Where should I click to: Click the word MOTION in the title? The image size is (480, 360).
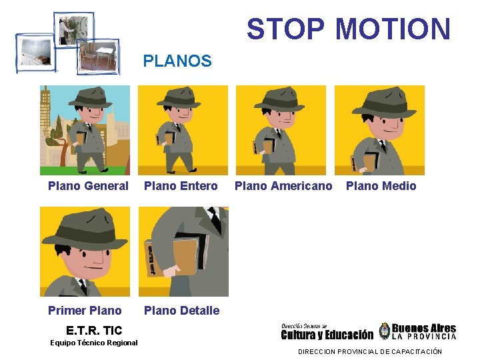point(393,29)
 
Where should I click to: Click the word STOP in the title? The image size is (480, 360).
point(285,29)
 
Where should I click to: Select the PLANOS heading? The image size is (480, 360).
point(177,61)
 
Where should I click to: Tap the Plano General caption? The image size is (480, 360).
point(88,186)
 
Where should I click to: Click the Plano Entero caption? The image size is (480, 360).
point(181,186)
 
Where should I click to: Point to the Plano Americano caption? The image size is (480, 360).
point(283,186)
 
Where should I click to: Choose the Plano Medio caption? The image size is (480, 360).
point(381,186)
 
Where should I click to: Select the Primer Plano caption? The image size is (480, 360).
point(85,310)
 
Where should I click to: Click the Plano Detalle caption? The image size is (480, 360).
point(181,310)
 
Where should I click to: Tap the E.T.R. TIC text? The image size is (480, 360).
point(94,330)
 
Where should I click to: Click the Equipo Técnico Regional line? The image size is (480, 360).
point(94,343)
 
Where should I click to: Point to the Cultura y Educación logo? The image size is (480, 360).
point(327,331)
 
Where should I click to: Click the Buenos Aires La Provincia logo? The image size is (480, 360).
point(418,331)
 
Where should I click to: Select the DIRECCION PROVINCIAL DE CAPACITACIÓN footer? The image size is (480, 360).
point(369,351)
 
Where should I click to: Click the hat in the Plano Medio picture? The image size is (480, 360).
point(383,100)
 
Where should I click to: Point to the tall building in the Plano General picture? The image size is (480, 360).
point(45,120)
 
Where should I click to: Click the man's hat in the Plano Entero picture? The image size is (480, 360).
point(178,97)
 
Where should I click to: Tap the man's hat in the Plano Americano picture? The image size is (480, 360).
point(279,100)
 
